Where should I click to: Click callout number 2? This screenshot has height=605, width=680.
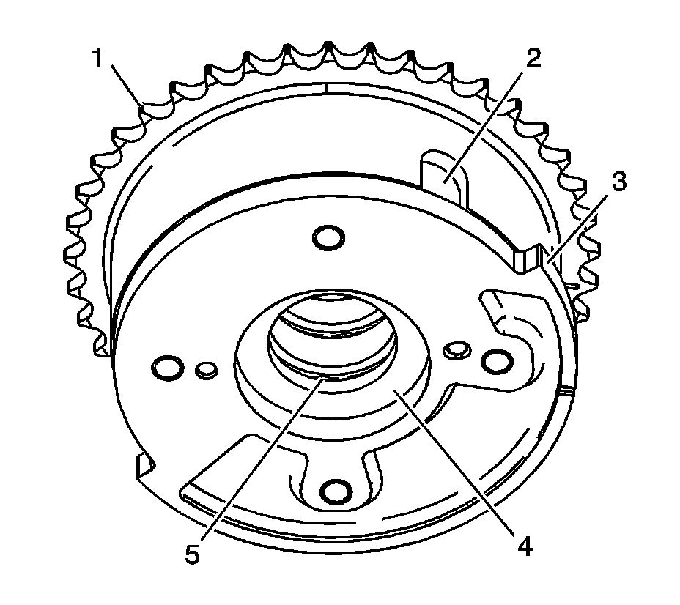click(534, 58)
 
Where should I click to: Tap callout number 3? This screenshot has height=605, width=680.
click(619, 182)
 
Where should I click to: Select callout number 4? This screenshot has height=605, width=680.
click(525, 546)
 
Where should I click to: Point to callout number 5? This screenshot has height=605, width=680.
click(192, 554)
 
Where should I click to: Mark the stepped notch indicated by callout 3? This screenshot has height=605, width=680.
click(528, 259)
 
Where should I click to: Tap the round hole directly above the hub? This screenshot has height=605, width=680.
click(329, 237)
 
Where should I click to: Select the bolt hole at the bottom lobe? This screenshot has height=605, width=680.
click(336, 491)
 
